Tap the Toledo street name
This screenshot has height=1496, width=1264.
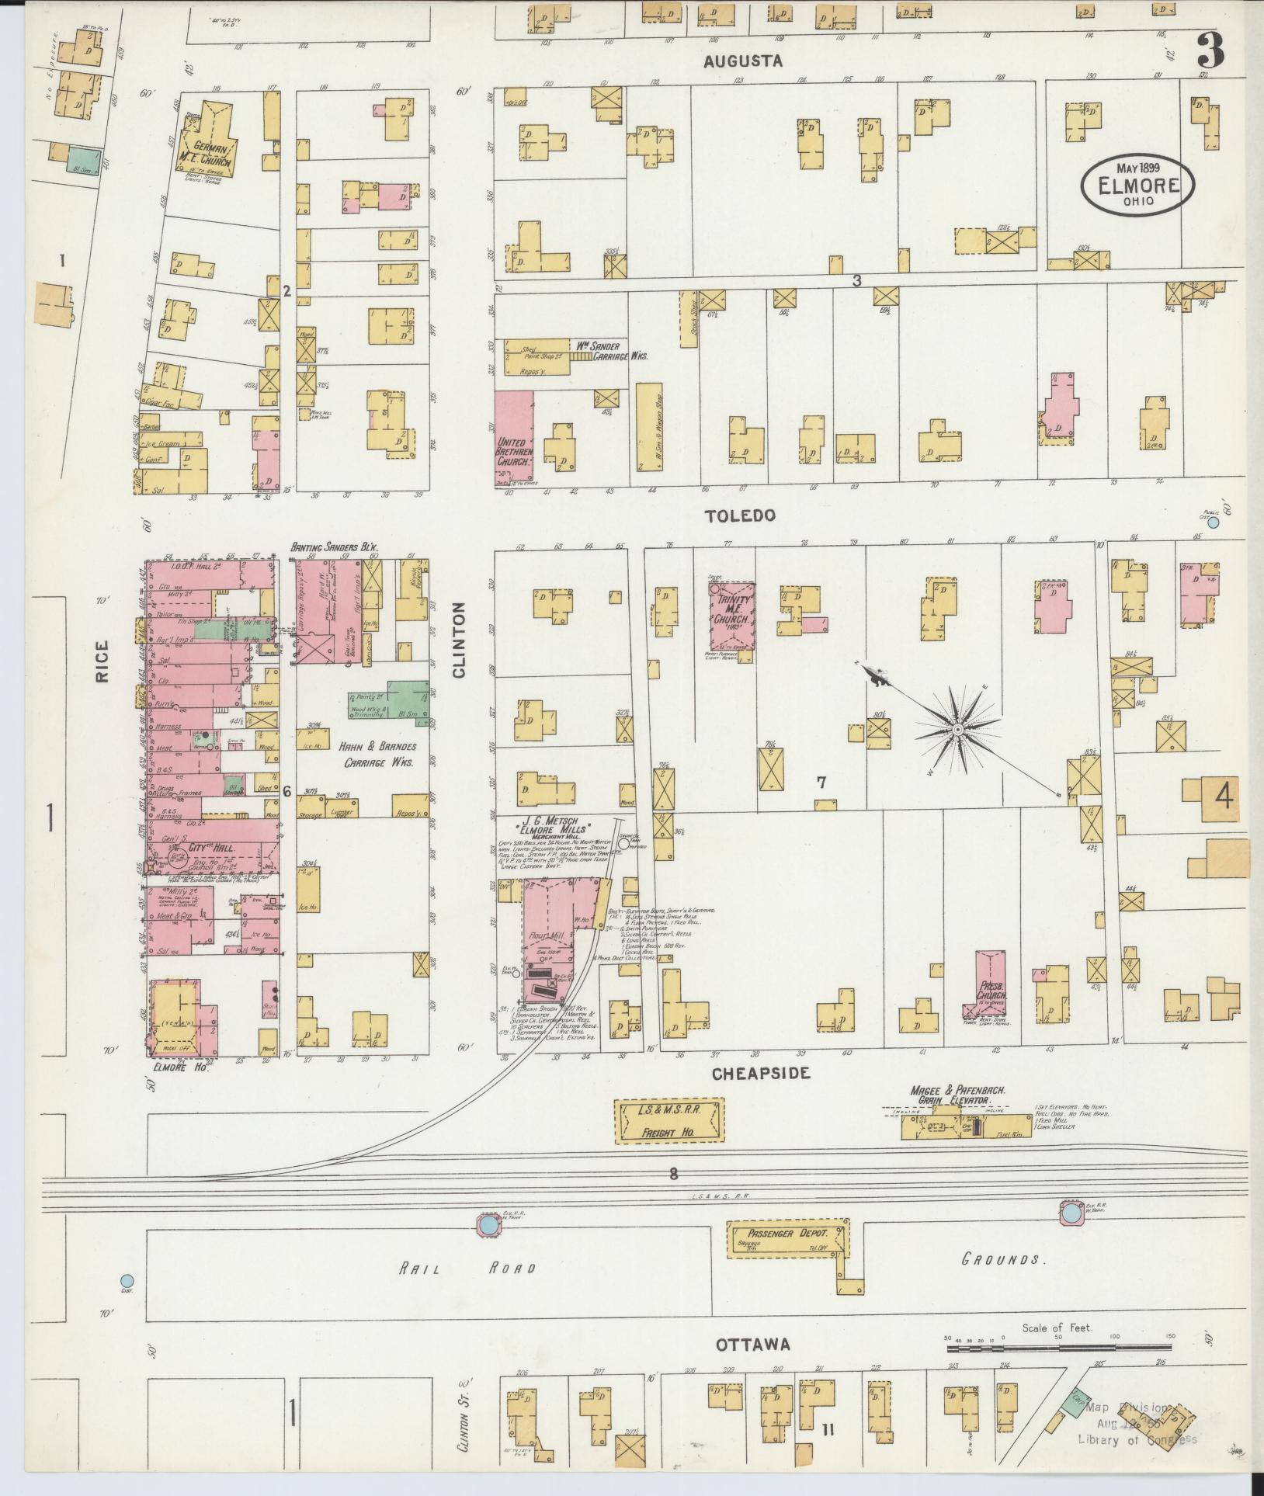(740, 515)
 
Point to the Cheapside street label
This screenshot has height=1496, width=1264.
(761, 1073)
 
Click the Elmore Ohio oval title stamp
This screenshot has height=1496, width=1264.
(1137, 185)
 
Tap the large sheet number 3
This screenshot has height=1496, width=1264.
(1210, 50)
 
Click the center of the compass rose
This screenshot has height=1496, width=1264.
(958, 731)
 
